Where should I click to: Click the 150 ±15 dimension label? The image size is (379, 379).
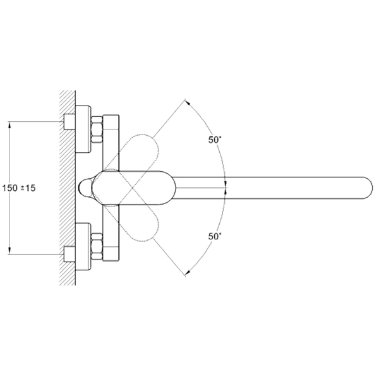(19, 188)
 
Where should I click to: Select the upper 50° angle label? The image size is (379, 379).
(215, 140)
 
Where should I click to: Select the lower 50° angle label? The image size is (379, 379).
(215, 236)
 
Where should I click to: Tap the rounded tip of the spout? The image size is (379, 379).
(369, 188)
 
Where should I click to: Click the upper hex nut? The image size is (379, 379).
(97, 129)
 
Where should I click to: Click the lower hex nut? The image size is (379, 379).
(97, 246)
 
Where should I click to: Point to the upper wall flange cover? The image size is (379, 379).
(83, 129)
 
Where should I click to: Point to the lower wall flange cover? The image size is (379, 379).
(83, 246)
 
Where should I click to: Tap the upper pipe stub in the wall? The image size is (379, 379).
(69, 121)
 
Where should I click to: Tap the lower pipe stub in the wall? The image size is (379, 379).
(69, 255)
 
